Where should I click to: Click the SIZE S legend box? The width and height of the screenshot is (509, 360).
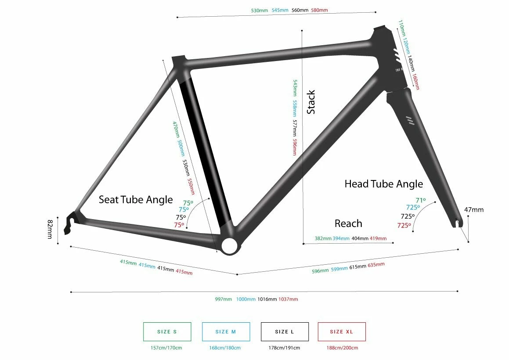pyautogui.click(x=167, y=332)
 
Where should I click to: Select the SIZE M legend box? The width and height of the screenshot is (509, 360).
pyautogui.click(x=226, y=332)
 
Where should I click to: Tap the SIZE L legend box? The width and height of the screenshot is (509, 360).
pyautogui.click(x=285, y=332)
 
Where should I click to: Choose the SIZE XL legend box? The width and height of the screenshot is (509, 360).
pyautogui.click(x=341, y=332)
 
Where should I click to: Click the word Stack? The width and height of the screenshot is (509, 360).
pyautogui.click(x=311, y=102)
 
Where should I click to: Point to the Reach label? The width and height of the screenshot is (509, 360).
pyautogui.click(x=348, y=223)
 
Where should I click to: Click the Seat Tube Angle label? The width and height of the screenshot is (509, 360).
pyautogui.click(x=136, y=200)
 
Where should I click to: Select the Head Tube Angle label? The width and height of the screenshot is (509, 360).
pyautogui.click(x=383, y=184)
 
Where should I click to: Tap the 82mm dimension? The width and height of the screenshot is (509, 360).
pyautogui.click(x=50, y=230)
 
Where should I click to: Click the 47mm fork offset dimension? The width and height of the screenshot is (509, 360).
pyautogui.click(x=474, y=210)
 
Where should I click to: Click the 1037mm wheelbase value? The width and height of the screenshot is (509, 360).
pyautogui.click(x=288, y=299)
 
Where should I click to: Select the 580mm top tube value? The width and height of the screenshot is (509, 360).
pyautogui.click(x=319, y=10)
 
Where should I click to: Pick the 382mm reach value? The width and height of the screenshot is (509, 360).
pyautogui.click(x=323, y=238)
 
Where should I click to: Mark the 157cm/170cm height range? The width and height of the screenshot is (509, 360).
pyautogui.click(x=167, y=348)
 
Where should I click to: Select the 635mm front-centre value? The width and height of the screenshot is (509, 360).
pyautogui.click(x=376, y=265)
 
